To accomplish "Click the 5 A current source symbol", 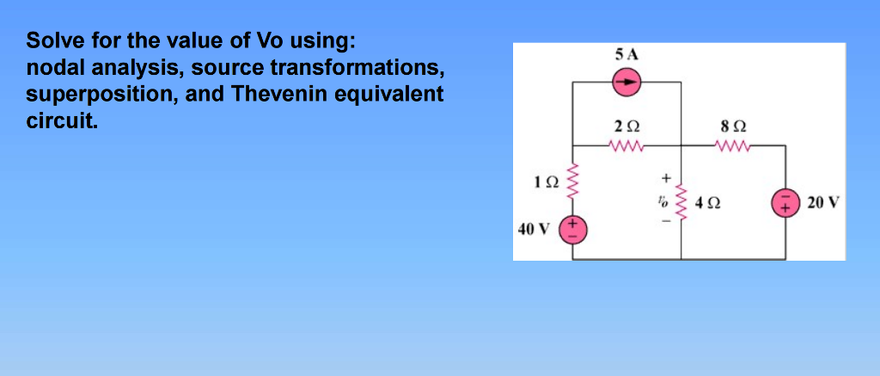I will [x=627, y=83].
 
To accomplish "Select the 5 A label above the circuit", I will [x=627, y=54].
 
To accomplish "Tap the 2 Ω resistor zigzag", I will [x=627, y=145].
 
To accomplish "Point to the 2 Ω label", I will [x=627, y=126].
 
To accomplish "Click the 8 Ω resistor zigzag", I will [x=735, y=145].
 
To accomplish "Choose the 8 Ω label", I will [x=735, y=126].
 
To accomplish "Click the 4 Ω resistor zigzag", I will [x=681, y=203].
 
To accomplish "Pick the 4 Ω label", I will [x=708, y=205].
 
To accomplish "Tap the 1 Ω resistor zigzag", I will [x=573, y=182].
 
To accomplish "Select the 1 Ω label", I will [x=546, y=182].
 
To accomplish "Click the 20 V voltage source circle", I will [x=785, y=204].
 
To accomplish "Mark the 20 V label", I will [x=823, y=204].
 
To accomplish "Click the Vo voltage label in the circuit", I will [x=663, y=203].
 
